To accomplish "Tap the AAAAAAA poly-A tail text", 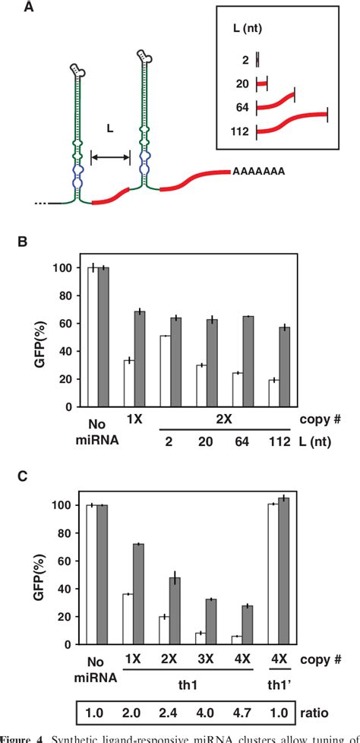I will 258,172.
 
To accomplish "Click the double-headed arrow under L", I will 110,157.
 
